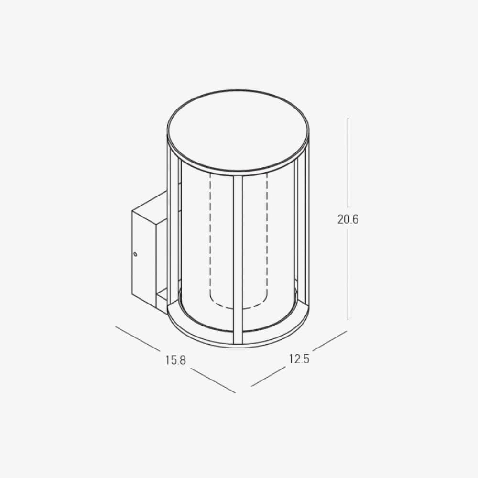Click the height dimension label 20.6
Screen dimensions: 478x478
348,220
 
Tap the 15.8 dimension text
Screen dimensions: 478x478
175,360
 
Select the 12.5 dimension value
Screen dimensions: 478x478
299,358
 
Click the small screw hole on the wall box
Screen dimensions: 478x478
135,254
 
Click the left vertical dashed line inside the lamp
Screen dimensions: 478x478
210,239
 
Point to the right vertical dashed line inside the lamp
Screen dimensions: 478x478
266,239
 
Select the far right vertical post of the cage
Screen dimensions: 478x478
302,229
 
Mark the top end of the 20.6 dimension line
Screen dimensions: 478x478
348,119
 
